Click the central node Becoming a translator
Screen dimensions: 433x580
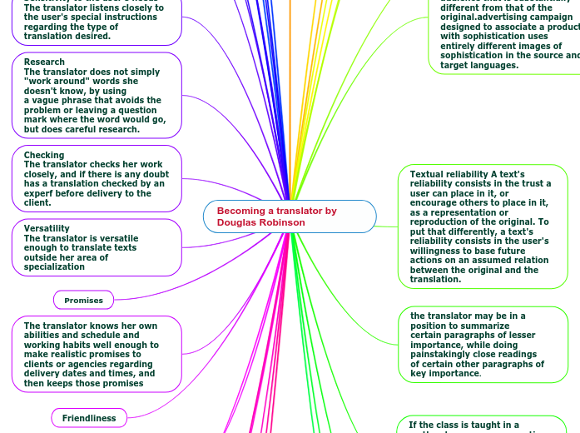tap(289, 216)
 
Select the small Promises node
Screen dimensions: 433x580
tap(83, 300)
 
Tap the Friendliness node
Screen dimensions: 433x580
tap(89, 417)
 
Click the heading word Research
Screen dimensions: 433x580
tap(44, 62)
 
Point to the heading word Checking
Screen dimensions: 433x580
tap(44, 155)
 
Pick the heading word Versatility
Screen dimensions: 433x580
tap(47, 228)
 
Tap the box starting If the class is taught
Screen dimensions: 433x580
tap(474, 425)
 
